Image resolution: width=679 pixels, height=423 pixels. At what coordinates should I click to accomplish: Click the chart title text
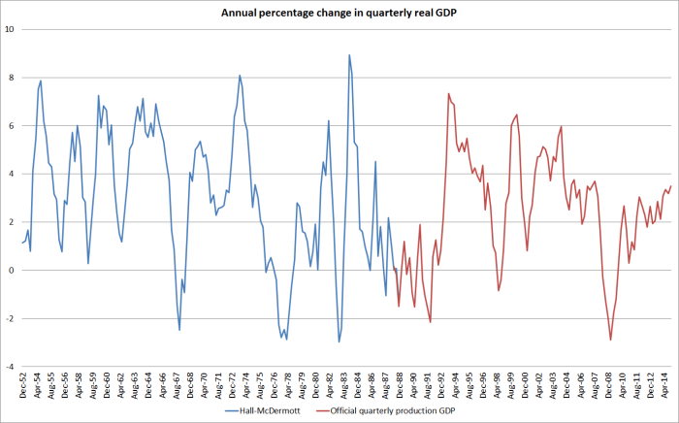tap(339, 12)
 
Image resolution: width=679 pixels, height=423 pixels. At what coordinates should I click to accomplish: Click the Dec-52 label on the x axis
tap(22, 385)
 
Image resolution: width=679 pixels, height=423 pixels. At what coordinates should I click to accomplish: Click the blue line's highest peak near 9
tap(349, 55)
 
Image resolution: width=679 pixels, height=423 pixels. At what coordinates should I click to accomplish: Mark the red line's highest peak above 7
tap(448, 94)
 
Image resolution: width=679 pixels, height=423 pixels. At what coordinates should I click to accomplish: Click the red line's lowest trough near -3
tap(611, 340)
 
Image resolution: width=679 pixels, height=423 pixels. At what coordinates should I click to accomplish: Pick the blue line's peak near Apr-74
tap(240, 76)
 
